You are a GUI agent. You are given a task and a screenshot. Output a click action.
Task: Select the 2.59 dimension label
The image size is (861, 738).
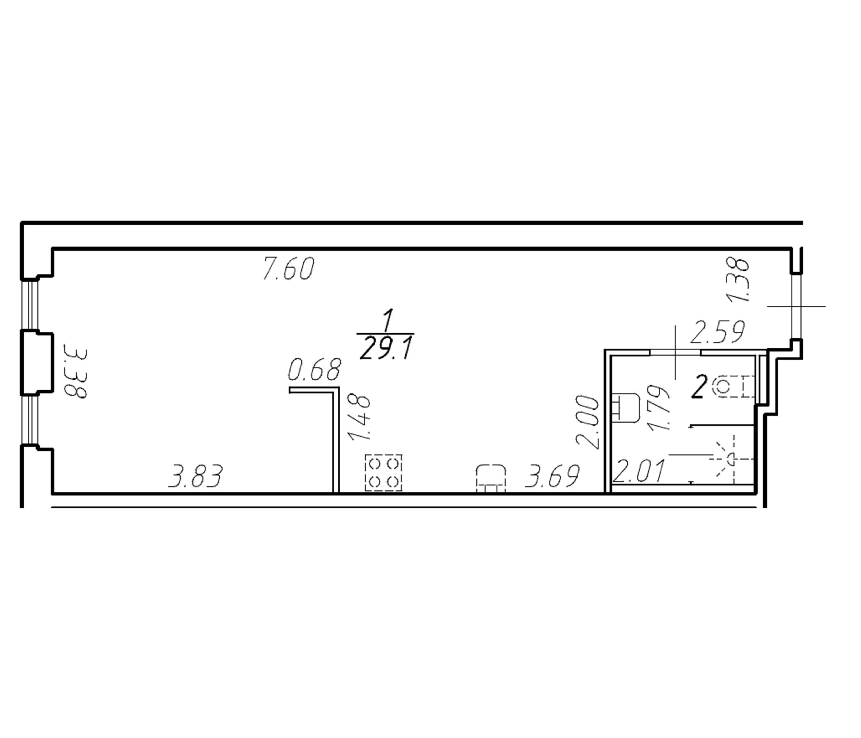coord(717,332)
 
